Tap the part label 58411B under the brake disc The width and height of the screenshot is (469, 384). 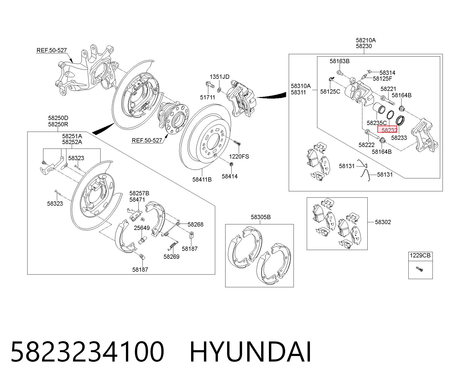point(202,179)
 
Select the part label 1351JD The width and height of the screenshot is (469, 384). point(219,77)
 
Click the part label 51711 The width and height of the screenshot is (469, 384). point(208,97)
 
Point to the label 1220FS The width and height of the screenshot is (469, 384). point(239,156)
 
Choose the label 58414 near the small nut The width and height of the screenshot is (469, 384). point(229,176)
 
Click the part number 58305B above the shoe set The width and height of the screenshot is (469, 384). point(261,217)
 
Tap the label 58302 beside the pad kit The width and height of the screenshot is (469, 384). point(383,222)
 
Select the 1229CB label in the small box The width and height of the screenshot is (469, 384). point(420,256)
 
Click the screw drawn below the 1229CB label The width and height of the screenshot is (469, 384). point(419,269)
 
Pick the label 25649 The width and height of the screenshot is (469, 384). point(142,228)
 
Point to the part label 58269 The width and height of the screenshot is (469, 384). point(171,257)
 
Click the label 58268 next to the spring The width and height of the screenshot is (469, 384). point(195,224)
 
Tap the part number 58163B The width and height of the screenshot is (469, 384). point(339,61)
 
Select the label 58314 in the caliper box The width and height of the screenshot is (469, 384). point(387,73)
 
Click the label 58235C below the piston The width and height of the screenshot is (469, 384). point(377,123)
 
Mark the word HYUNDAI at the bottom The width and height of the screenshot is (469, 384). point(250,352)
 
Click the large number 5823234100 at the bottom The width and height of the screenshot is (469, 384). point(88,352)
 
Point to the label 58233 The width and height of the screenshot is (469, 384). point(399,138)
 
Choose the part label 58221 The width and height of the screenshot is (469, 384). point(388,89)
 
